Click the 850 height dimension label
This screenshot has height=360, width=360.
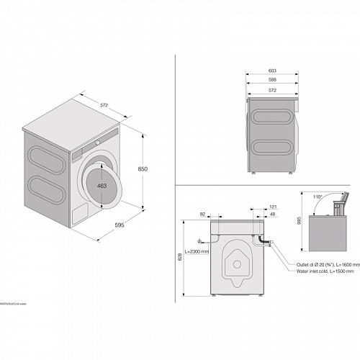click(143, 168)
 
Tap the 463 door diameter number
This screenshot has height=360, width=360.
click(103, 186)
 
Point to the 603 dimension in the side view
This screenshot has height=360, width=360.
click(271, 71)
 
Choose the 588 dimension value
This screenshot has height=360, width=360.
click(271, 80)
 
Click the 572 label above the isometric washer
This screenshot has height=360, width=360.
click(104, 105)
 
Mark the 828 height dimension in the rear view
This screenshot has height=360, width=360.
click(180, 257)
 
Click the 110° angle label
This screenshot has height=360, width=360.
click(318, 196)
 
